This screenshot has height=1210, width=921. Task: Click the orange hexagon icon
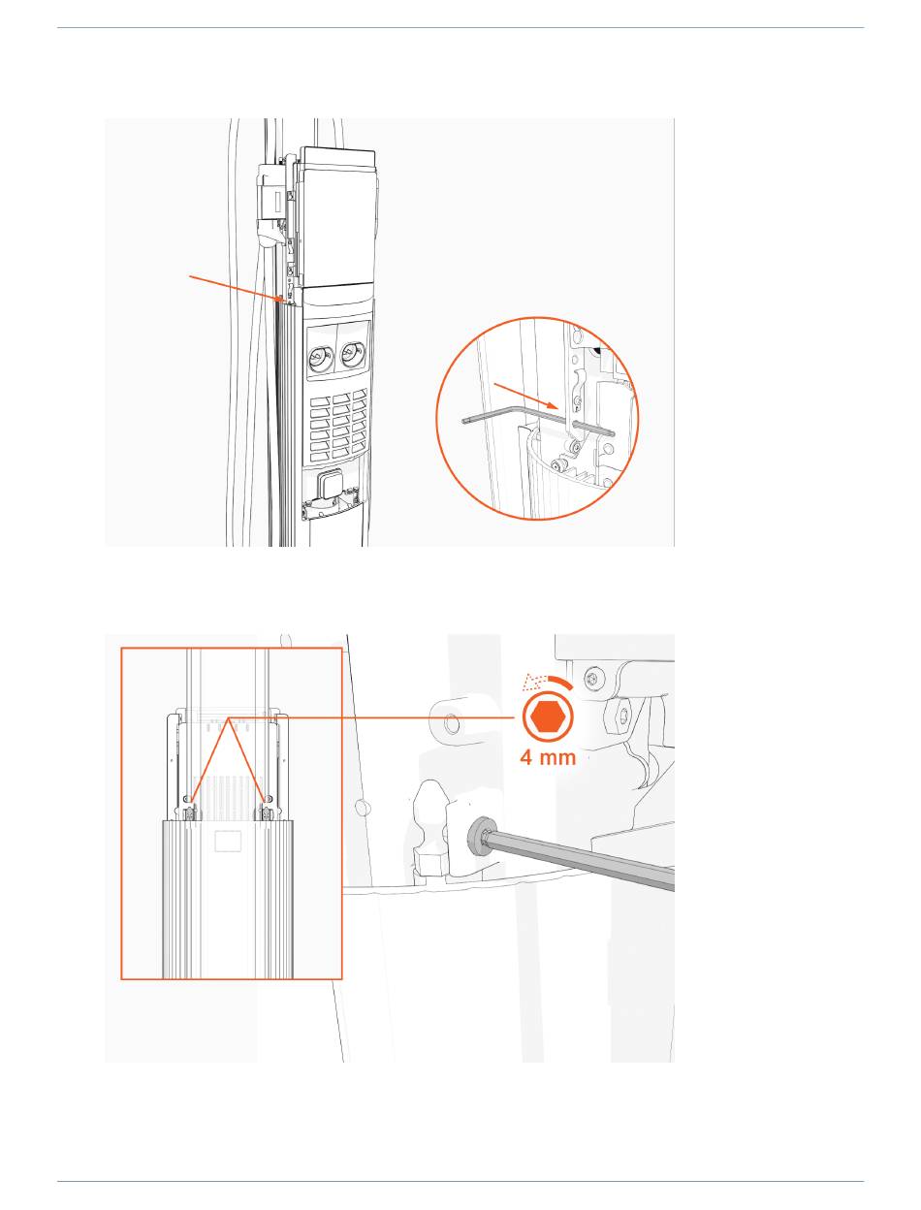pos(548,717)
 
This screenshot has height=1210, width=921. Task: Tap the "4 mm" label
pos(548,757)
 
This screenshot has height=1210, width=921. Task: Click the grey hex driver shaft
pos(579,859)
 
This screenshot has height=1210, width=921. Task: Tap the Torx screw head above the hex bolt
pos(593,677)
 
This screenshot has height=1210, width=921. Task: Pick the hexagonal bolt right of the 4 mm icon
pos(621,716)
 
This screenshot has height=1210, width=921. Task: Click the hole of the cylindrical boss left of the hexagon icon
pos(452,724)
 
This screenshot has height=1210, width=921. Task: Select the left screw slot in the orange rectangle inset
pos(189,813)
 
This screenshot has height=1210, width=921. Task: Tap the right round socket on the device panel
pos(352,353)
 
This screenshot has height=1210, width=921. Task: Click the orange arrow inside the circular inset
pos(525,396)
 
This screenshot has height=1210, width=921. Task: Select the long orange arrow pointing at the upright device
pos(237,288)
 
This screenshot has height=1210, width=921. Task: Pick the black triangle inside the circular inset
pos(596,350)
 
